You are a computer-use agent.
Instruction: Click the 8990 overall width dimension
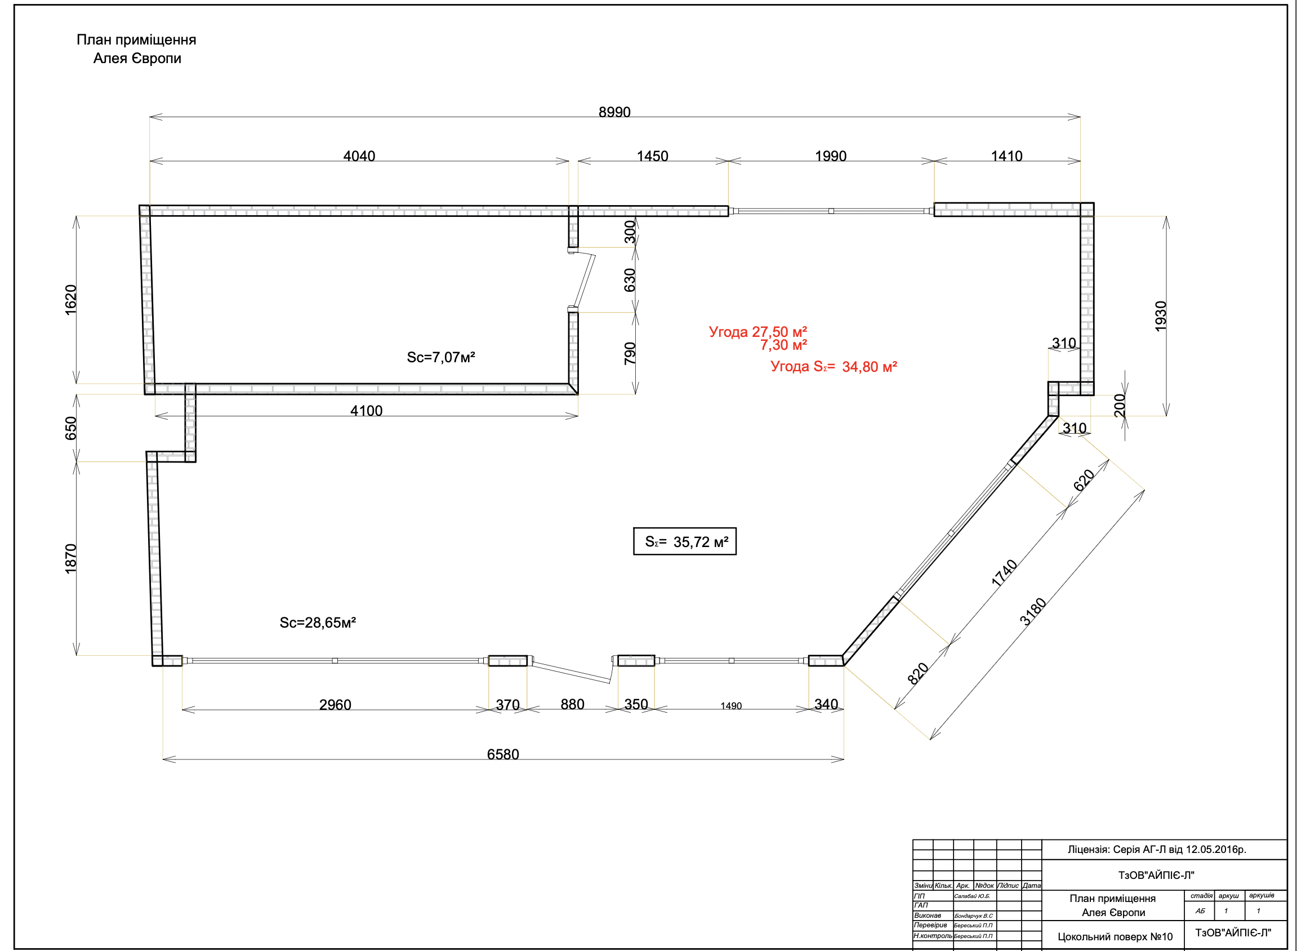click(614, 112)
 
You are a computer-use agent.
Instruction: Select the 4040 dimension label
click(359, 156)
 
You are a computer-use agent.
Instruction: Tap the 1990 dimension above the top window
click(830, 156)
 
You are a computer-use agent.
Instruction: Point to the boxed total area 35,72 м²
click(685, 542)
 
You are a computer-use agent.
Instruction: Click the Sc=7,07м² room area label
click(441, 358)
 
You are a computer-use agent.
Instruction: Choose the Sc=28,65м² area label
click(318, 623)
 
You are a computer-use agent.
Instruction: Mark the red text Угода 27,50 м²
click(758, 332)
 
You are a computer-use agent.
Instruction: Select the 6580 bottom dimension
click(503, 754)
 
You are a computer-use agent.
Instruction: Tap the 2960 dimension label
click(335, 705)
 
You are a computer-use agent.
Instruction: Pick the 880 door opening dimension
click(573, 704)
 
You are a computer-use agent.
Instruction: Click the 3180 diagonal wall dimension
click(1033, 611)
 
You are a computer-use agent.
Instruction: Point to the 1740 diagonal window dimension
click(1004, 573)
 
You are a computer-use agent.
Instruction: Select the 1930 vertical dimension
click(1161, 316)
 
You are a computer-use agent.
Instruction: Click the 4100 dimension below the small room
click(367, 411)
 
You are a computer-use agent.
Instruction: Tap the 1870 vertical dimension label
click(70, 558)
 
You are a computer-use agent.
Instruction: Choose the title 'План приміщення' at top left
click(136, 40)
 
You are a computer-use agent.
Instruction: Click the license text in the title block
click(1157, 850)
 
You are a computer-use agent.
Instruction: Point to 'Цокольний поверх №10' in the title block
click(1115, 936)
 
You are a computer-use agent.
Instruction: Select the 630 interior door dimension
click(630, 280)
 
